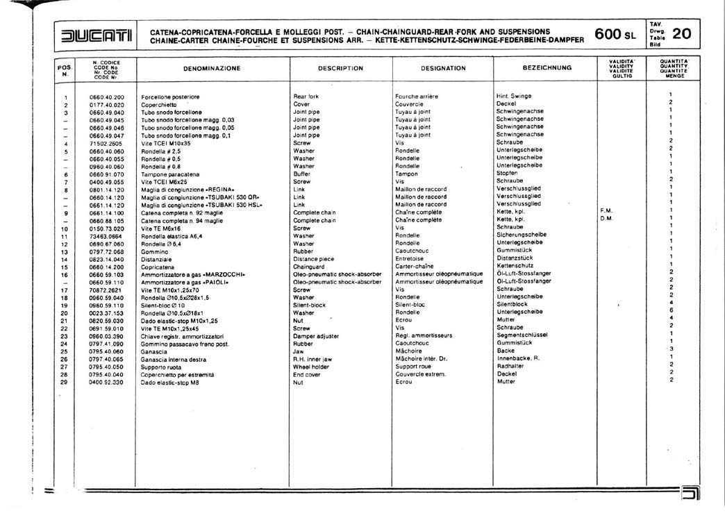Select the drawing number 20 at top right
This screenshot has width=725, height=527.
(x=681, y=33)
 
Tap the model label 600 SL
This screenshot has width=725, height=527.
(x=615, y=35)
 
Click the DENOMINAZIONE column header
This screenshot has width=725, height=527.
(x=212, y=69)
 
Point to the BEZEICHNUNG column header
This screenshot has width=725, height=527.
(x=547, y=68)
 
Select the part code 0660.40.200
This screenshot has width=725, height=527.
(x=107, y=97)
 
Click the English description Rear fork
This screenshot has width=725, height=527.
(x=306, y=97)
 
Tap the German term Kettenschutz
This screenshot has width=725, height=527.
(x=515, y=265)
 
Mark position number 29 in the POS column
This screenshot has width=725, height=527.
(x=65, y=382)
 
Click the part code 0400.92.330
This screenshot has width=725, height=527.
(x=107, y=382)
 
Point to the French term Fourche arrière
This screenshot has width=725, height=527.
(x=417, y=97)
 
